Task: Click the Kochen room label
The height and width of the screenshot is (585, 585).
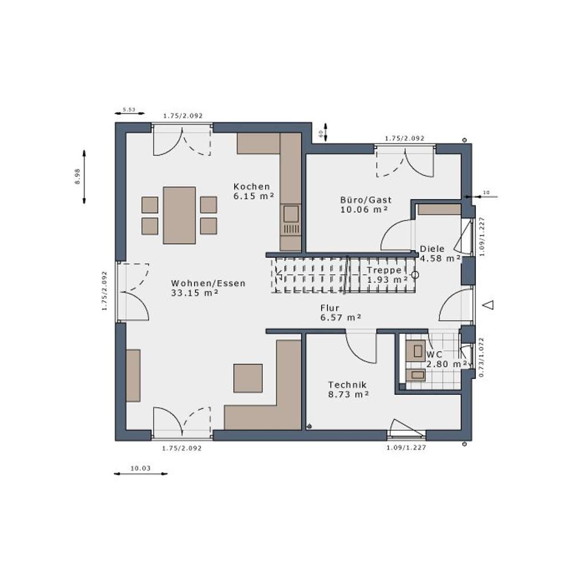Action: [251, 187]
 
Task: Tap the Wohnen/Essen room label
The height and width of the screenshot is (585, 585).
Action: [208, 283]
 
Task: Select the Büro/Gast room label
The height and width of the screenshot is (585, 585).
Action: [366, 200]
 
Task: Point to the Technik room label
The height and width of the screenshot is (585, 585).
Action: [347, 385]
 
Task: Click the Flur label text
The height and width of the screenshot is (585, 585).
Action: [330, 308]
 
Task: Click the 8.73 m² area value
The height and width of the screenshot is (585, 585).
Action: [348, 394]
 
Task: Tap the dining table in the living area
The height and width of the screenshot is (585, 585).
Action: [179, 215]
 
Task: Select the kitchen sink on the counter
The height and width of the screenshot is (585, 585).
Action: [291, 214]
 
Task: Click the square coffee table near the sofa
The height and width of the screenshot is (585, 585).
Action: [248, 378]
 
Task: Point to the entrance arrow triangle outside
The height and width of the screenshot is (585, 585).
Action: [488, 304]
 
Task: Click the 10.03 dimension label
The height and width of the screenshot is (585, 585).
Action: [141, 468]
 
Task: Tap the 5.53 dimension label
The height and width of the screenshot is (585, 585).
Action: [129, 109]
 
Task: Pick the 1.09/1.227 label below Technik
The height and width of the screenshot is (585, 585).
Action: [406, 448]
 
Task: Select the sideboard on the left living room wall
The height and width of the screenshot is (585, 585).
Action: [133, 375]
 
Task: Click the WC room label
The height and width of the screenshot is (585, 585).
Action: [434, 354]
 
